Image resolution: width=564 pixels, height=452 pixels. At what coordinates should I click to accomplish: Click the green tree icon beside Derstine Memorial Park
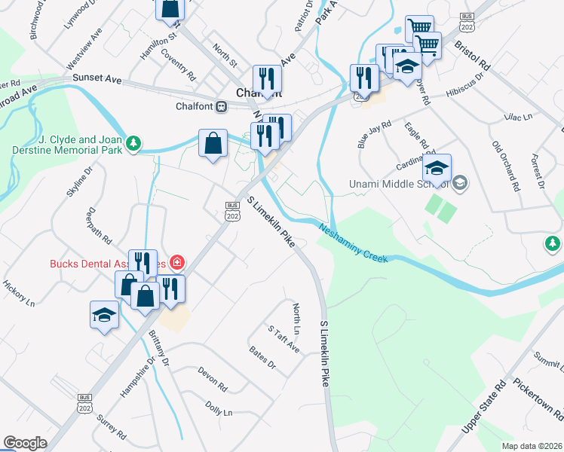point(133,142)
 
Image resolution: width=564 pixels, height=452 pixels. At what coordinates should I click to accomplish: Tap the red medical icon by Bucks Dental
point(177,263)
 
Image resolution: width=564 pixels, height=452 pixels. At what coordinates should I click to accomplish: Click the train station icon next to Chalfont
point(221,106)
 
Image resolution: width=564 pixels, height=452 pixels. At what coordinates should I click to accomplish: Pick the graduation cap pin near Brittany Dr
point(104,316)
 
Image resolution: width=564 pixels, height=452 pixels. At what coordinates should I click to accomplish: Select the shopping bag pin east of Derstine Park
point(213,143)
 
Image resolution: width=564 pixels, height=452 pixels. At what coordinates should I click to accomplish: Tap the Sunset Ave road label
point(97,78)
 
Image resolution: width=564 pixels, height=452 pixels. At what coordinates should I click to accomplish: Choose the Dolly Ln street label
point(219,408)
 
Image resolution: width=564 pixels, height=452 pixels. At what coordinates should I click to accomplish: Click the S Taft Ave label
point(284,339)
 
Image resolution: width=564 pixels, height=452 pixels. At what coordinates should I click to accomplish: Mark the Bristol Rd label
point(472,56)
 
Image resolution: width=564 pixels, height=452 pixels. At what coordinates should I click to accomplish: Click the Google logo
point(25,443)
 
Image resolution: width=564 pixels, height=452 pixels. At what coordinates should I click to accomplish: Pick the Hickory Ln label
point(18,293)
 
